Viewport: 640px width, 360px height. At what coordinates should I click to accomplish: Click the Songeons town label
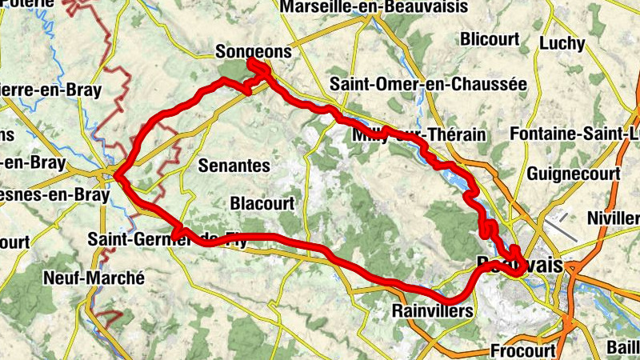click(x=254, y=51)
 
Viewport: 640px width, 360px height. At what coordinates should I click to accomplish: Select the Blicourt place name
click(x=490, y=38)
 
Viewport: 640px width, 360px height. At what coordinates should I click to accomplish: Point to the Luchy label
click(x=562, y=43)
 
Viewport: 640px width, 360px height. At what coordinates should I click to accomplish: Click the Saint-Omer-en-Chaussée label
click(x=428, y=83)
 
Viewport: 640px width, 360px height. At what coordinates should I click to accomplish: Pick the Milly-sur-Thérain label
click(x=418, y=135)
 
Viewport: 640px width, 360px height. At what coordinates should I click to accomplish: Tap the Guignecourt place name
click(x=574, y=173)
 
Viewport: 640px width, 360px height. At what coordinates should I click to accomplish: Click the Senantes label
click(x=233, y=166)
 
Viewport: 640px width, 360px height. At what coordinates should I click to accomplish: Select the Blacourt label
click(x=262, y=203)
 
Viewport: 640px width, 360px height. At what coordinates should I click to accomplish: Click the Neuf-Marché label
click(x=94, y=278)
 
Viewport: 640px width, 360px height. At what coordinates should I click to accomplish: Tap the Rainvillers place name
click(x=433, y=310)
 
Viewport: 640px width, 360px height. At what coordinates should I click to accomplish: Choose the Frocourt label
click(x=522, y=350)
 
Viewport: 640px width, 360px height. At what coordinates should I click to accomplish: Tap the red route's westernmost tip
click(x=117, y=174)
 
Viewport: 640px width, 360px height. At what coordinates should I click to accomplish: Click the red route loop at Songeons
click(x=258, y=69)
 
